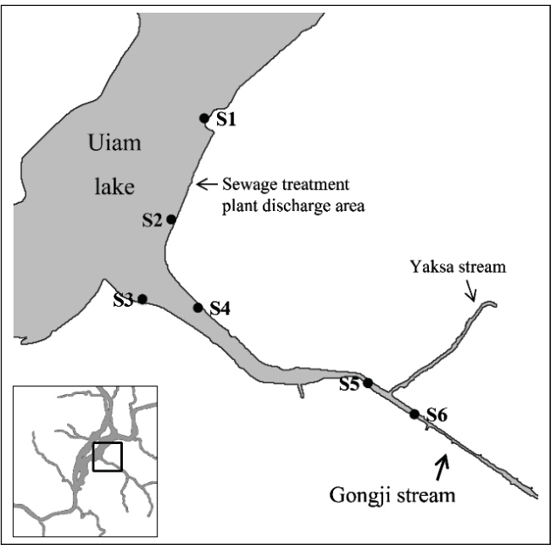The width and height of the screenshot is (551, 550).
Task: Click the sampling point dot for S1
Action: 203,118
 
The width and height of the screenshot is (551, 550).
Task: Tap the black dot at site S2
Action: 171,219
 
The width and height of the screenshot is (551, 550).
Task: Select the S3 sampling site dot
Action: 142,298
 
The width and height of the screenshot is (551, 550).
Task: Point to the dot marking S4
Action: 198,308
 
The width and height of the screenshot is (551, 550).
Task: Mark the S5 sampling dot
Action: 368,383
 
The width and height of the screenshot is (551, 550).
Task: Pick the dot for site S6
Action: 415,414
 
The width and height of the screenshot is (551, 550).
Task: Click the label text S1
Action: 225,119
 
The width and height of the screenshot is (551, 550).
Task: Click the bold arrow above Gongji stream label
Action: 442,465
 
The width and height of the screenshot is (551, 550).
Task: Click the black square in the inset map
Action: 108,456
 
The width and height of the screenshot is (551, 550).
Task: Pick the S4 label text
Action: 220,308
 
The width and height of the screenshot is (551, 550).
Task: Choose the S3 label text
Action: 123,298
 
